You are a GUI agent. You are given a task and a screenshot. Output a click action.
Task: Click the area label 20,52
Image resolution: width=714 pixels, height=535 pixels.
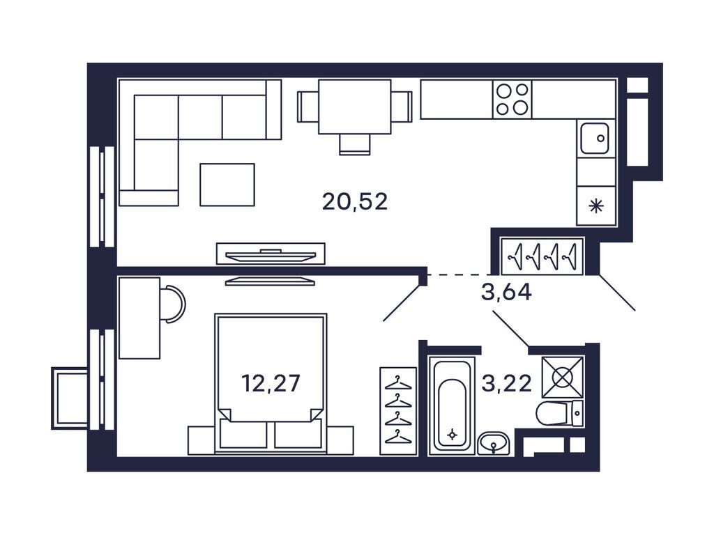(x=355, y=201)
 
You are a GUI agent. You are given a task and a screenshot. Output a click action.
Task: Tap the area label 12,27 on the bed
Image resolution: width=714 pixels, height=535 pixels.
(x=271, y=383)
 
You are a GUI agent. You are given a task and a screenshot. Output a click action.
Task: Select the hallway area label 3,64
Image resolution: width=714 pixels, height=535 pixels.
(x=506, y=292)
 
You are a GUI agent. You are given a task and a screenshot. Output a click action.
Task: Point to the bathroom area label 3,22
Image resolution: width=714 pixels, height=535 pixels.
(x=506, y=384)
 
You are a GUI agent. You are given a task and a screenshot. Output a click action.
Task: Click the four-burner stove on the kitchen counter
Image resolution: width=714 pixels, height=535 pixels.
(x=512, y=99)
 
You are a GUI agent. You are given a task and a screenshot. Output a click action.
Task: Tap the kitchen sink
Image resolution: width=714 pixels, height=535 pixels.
(x=595, y=139)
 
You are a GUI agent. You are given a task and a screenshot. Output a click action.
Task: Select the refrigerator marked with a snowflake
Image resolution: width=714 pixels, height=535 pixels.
(x=596, y=206)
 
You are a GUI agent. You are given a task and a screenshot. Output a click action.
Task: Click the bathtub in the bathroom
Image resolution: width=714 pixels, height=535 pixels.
(x=452, y=406)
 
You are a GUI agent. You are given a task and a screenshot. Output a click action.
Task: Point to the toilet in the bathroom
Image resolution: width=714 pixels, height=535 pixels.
(x=560, y=414)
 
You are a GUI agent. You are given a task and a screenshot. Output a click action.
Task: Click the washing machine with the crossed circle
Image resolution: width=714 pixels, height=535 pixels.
(x=563, y=377)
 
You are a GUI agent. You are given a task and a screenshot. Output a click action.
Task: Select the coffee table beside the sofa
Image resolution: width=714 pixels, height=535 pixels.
(x=227, y=185)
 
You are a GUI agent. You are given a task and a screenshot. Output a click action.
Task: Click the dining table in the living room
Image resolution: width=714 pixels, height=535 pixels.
(x=355, y=107)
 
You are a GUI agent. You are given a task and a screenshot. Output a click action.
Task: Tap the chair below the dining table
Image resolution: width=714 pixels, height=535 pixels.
(x=355, y=145)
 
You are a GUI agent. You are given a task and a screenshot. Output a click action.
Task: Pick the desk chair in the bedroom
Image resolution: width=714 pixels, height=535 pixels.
(x=173, y=304)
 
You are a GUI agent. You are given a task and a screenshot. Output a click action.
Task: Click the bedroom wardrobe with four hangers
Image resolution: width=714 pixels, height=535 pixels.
(x=398, y=411)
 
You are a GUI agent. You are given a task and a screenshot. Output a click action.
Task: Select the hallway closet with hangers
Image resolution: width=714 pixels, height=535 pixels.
(x=542, y=256)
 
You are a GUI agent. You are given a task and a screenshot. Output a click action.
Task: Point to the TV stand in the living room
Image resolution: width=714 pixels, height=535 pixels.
(x=271, y=254)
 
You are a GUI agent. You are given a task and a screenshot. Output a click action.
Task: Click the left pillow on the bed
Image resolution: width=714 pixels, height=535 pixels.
(x=243, y=433)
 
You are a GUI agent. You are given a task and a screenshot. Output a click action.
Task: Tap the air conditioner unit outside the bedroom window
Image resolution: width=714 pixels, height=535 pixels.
(x=70, y=398)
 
